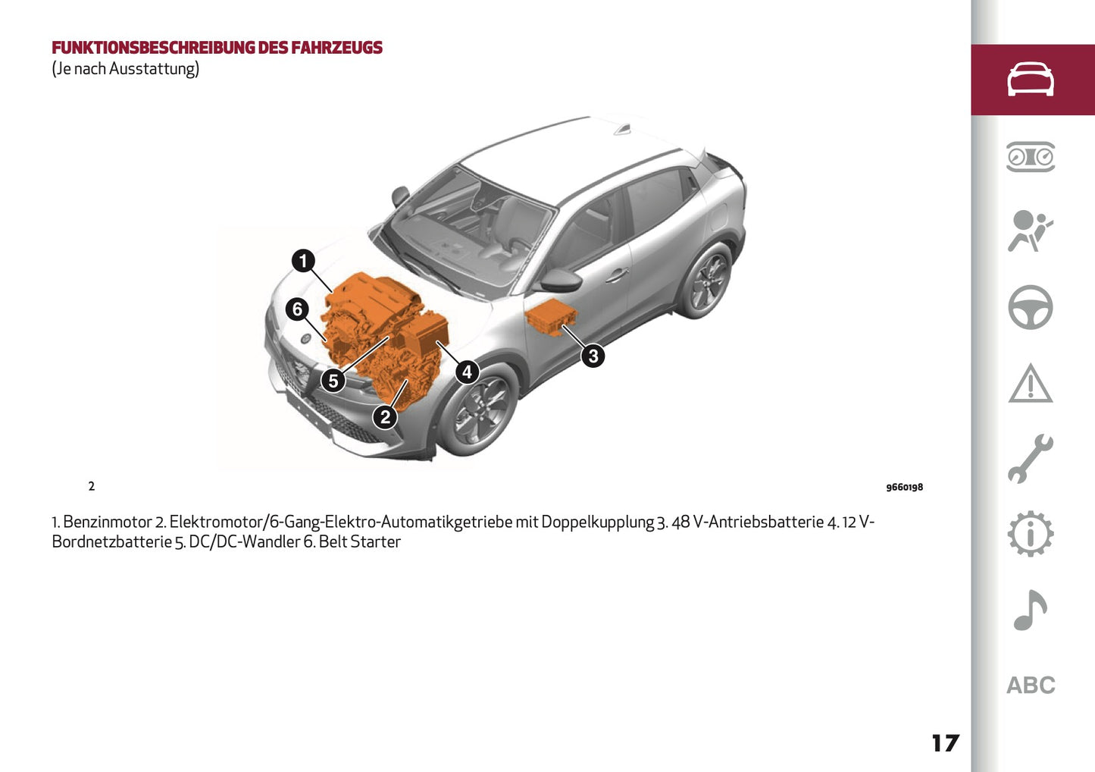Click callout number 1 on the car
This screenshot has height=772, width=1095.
303,261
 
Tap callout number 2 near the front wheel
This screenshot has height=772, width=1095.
385,416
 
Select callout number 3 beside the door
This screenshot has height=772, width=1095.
593,355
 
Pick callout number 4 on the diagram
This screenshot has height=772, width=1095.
467,372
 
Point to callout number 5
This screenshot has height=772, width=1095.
333,381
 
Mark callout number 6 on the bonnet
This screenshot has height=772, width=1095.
297,309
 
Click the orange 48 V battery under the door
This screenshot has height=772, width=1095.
551,317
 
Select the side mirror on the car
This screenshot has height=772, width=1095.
559,281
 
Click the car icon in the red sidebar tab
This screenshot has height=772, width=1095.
1030,80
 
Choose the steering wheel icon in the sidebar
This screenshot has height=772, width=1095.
1030,307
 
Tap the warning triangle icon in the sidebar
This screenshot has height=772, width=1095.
1030,383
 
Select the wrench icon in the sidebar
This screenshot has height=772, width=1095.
1030,459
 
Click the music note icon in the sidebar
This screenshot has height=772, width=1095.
1030,610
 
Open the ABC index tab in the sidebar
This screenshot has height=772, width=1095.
1030,685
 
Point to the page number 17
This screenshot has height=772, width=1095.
945,743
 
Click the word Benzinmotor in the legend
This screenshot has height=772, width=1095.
107,522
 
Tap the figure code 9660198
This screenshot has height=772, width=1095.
904,488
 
